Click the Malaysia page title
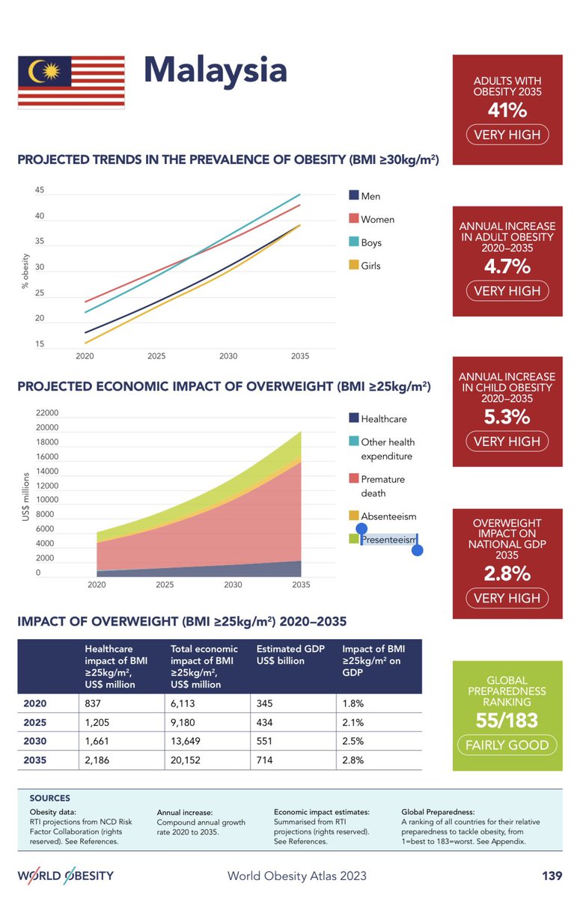tap(215, 70)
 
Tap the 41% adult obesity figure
tap(507, 110)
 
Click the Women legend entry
tap(376, 219)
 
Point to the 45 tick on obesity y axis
tap(39, 191)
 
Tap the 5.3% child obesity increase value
tap(507, 417)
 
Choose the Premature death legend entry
tap(382, 486)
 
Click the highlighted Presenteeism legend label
tap(388, 539)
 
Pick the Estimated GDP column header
tap(290, 655)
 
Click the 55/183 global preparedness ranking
tap(507, 719)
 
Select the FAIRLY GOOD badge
tap(507, 745)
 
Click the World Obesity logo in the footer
tap(66, 876)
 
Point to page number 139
tap(552, 876)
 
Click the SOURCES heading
tap(49, 798)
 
